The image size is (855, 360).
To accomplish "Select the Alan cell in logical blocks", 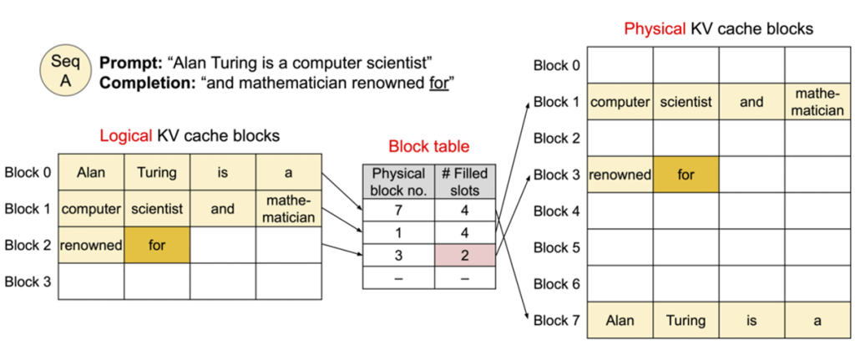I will coord(90,173).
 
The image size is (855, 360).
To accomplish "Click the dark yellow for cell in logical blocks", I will coord(157,246).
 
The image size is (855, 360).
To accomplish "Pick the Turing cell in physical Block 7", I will coord(686,320).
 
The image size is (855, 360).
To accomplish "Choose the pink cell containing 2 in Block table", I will coord(465,255).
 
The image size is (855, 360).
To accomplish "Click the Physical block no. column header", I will coord(398,182).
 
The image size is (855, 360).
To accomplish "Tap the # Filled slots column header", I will coord(465,182).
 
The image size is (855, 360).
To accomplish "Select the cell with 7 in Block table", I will coord(398,211).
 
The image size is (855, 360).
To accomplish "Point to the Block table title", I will coord(428,146).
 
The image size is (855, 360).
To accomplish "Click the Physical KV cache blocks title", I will coord(718,29).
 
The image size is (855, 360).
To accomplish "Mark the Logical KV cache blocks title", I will coord(190,134).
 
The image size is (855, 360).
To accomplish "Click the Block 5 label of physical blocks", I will coord(557,247).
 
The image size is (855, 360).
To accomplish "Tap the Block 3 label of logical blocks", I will coord(28,281).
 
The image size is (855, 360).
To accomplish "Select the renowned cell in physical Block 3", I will coord(620,175).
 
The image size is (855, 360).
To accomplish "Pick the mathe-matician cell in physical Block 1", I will coord(817,102).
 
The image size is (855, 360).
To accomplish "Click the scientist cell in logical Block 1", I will coord(157,209).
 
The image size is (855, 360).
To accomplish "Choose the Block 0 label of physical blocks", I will coord(557,66).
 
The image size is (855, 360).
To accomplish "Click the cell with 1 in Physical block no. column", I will coord(398,233).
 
